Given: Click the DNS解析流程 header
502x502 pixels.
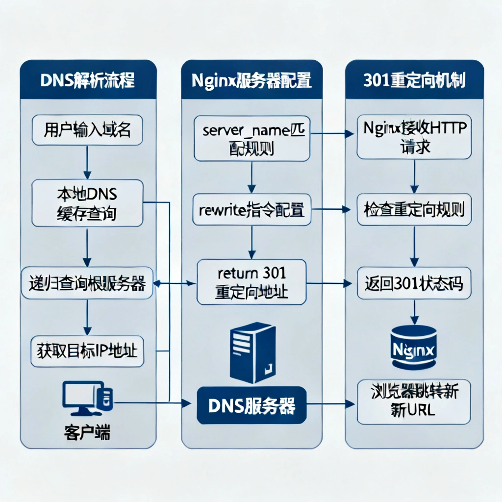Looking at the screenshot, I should tap(88, 80).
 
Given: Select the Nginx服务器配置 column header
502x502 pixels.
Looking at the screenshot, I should tap(252, 80).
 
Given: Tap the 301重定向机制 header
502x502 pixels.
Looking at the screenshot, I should tap(414, 80).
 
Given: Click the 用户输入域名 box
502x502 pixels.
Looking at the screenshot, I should tap(87, 130).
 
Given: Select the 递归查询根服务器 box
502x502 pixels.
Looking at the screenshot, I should tap(87, 283).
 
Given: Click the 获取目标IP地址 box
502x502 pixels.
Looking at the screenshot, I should tap(87, 351).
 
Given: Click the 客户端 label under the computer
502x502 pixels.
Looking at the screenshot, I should tap(87, 432).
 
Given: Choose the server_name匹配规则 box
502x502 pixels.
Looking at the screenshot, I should tap(252, 138).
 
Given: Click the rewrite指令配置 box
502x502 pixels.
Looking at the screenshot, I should tap(252, 210).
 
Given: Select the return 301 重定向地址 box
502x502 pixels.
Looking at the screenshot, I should tap(252, 283).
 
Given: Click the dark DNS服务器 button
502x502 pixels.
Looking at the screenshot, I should tap(252, 405).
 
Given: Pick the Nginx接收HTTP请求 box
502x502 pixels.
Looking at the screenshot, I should tap(414, 137).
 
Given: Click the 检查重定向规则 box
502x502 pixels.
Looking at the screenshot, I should tap(414, 210).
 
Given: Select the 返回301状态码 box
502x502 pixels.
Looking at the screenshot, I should tap(414, 283).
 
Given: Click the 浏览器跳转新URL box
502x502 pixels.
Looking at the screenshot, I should tap(414, 402).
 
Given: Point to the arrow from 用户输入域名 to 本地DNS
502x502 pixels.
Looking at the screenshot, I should tap(87, 161).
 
